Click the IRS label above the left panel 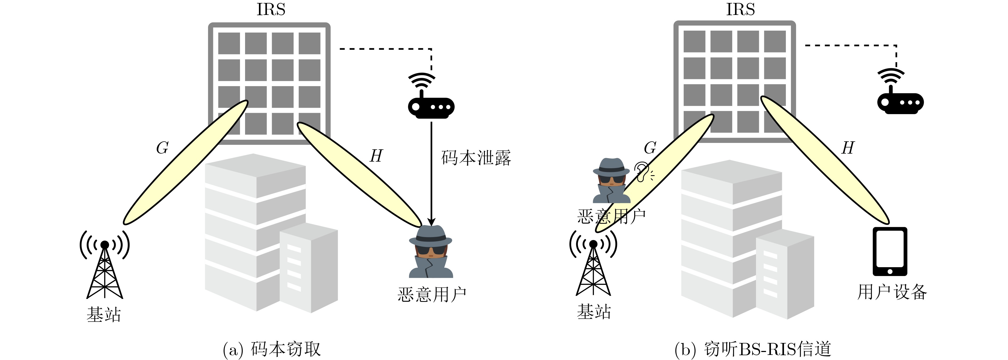[x=271, y=9]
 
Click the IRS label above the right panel [x=740, y=9]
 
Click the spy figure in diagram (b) [x=611, y=181]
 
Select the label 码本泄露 [x=476, y=158]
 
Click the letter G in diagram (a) [x=162, y=148]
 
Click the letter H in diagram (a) [x=376, y=156]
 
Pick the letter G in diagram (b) [x=650, y=148]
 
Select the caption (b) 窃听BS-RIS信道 [x=753, y=349]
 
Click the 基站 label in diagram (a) [x=104, y=314]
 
